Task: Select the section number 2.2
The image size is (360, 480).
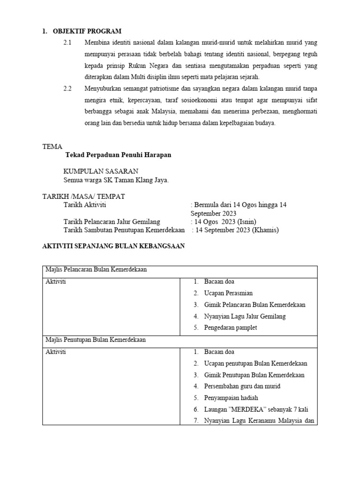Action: pyautogui.click(x=68, y=89)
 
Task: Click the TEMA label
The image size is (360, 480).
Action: pyautogui.click(x=52, y=147)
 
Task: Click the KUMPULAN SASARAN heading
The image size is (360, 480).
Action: pyautogui.click(x=101, y=172)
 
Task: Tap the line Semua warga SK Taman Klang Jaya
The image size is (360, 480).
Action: pyautogui.click(x=116, y=180)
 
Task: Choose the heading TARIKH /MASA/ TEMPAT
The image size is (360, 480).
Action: pyautogui.click(x=83, y=196)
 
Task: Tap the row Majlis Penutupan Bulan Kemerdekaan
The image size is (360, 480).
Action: pyautogui.click(x=95, y=340)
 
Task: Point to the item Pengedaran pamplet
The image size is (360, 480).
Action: pyautogui.click(x=231, y=328)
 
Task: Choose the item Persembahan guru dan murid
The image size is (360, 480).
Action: pyautogui.click(x=242, y=386)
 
